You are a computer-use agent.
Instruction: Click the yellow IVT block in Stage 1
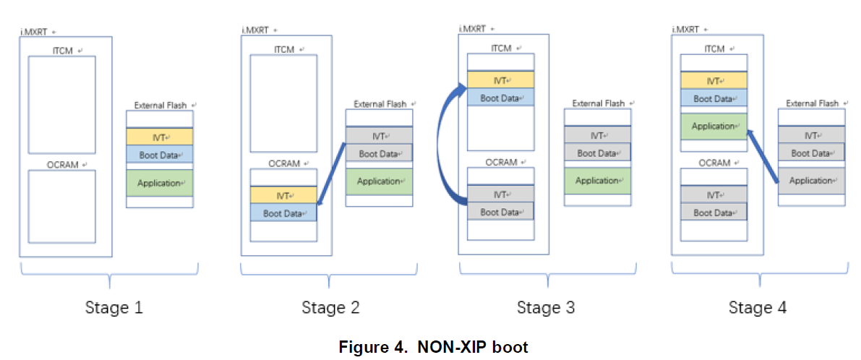coord(160,136)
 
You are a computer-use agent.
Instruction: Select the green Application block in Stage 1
coord(160,183)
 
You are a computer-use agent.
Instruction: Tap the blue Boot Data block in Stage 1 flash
coord(160,154)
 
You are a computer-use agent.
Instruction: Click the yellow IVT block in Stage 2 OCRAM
coord(283,194)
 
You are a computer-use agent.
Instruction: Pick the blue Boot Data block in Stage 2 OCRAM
coord(283,213)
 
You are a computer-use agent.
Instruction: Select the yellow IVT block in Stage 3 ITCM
coord(501,80)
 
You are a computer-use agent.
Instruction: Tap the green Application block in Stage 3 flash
coord(597,181)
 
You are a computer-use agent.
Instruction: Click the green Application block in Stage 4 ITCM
coord(714,127)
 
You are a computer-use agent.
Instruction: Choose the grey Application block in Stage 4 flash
coord(811,181)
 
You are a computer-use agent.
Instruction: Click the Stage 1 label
coord(114,307)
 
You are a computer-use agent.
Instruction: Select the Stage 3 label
coord(546,307)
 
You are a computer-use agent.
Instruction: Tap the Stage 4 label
coord(757,307)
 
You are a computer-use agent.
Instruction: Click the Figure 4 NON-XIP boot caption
coord(433,347)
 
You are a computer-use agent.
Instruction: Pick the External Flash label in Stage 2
coord(380,104)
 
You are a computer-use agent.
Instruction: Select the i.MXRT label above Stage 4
coord(687,30)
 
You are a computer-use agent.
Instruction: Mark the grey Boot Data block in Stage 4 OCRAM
coord(714,213)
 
